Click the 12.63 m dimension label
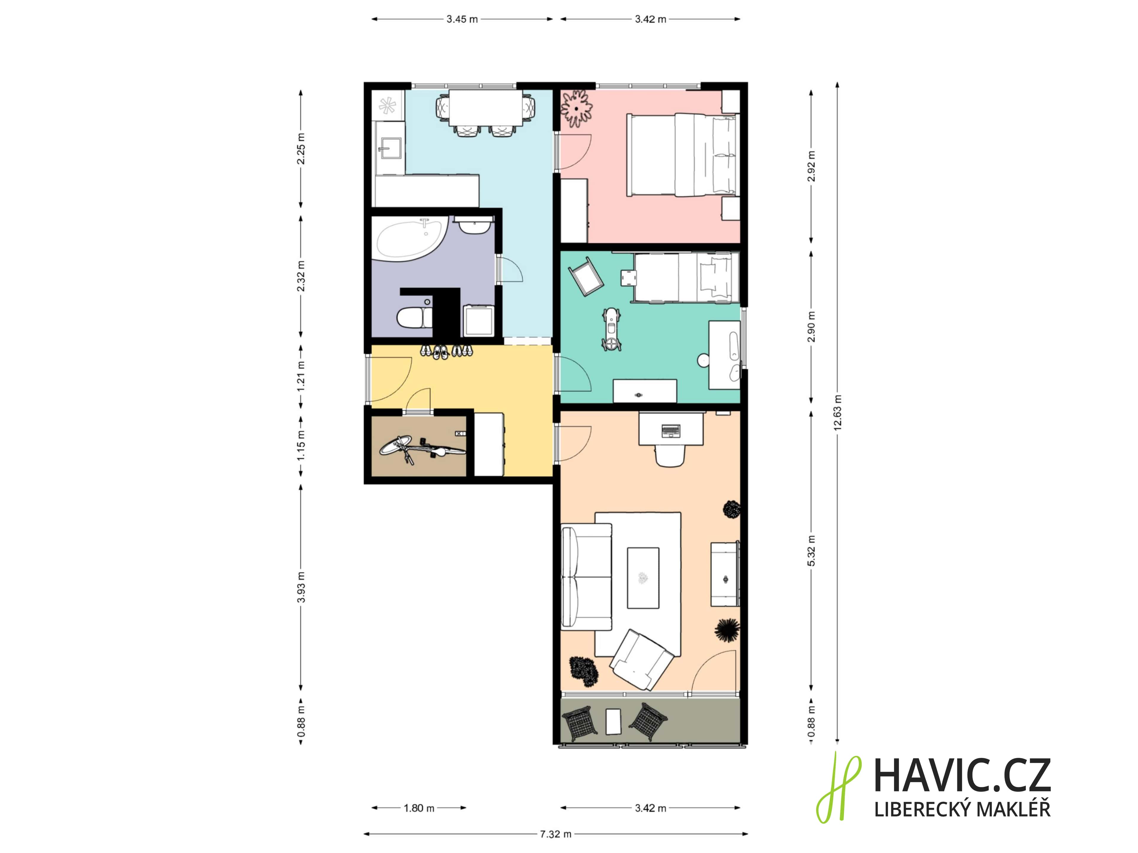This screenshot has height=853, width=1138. [837, 412]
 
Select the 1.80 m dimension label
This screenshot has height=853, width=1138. [419, 808]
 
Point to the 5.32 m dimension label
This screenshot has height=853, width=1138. [811, 551]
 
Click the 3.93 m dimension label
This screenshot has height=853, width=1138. [301, 587]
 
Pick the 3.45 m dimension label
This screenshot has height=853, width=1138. [462, 19]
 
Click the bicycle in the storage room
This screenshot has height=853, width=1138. [422, 449]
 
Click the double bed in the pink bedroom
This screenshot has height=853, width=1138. [681, 155]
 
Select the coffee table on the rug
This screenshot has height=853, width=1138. [643, 578]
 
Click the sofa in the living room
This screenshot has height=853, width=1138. [586, 576]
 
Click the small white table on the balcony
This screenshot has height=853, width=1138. [613, 721]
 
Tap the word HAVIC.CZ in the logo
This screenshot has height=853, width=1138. [962, 776]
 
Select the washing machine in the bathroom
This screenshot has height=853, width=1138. [478, 320]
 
